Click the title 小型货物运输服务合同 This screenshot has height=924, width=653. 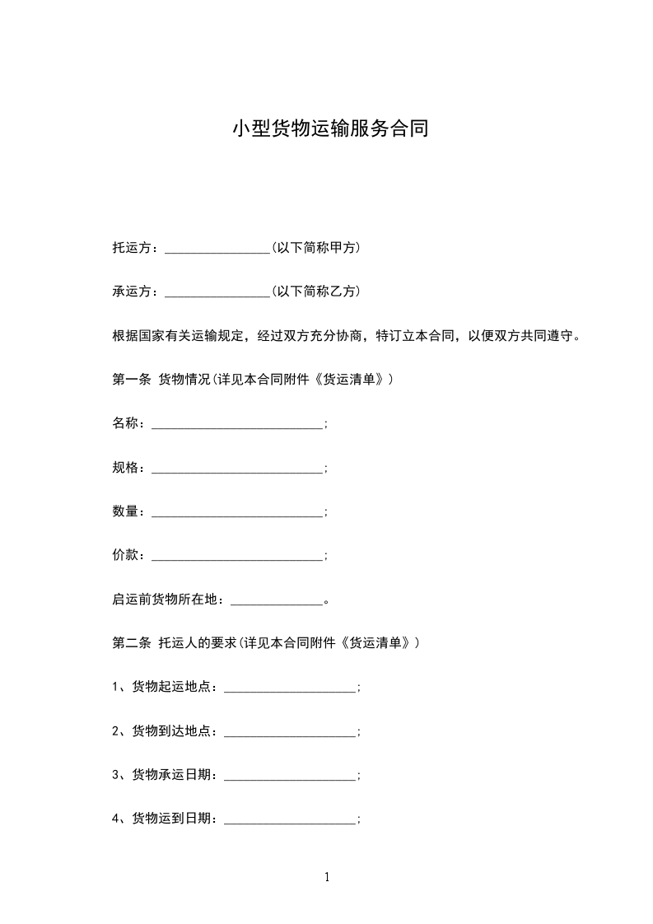[x=330, y=129]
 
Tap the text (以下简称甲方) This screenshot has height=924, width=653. [x=315, y=247]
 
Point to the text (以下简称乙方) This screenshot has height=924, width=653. [x=315, y=292]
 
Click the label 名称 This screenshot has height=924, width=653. [x=125, y=423]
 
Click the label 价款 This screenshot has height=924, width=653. [x=125, y=556]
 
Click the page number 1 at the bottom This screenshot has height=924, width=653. [x=327, y=877]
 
